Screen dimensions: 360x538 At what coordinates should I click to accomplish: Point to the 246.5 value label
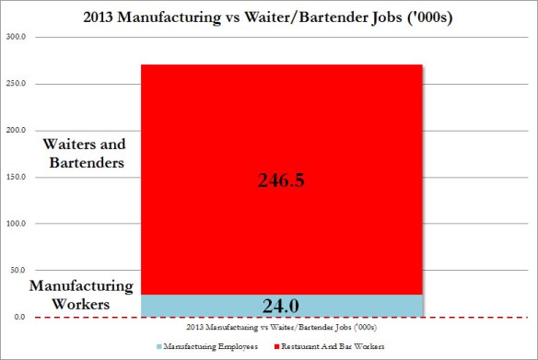point(280,180)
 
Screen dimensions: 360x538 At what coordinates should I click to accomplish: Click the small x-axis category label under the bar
point(280,327)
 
